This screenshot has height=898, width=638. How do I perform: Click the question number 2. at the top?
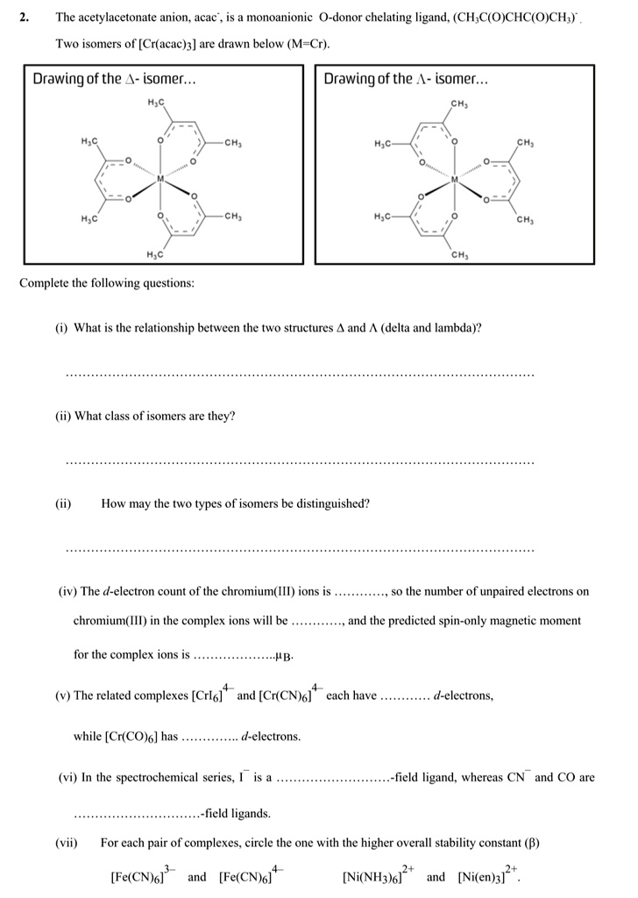click(25, 17)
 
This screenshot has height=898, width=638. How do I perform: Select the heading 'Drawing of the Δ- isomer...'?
click(114, 79)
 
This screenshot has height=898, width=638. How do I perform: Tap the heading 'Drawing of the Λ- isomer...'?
click(405, 79)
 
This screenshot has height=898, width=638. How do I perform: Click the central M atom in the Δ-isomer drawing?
click(160, 178)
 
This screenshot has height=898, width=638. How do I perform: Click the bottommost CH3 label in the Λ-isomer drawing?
click(457, 255)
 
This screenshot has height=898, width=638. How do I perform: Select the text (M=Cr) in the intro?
click(313, 43)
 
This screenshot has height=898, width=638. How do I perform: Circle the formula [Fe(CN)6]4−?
click(250, 876)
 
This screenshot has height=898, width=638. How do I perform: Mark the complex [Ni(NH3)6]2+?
click(381, 876)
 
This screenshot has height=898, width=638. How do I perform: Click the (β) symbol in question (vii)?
click(531, 843)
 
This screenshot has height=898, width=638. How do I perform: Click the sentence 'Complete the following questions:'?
click(107, 283)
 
